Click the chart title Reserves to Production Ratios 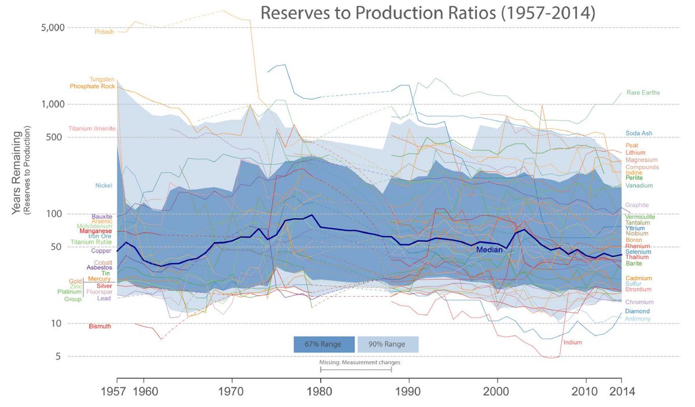427,13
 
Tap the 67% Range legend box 324,344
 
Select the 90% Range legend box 387,344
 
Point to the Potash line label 104,32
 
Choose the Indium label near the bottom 572,342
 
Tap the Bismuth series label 100,326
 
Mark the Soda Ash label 639,133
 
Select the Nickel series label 104,186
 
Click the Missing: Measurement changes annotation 360,362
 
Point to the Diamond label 637,311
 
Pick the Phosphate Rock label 93,86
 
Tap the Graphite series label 637,205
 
